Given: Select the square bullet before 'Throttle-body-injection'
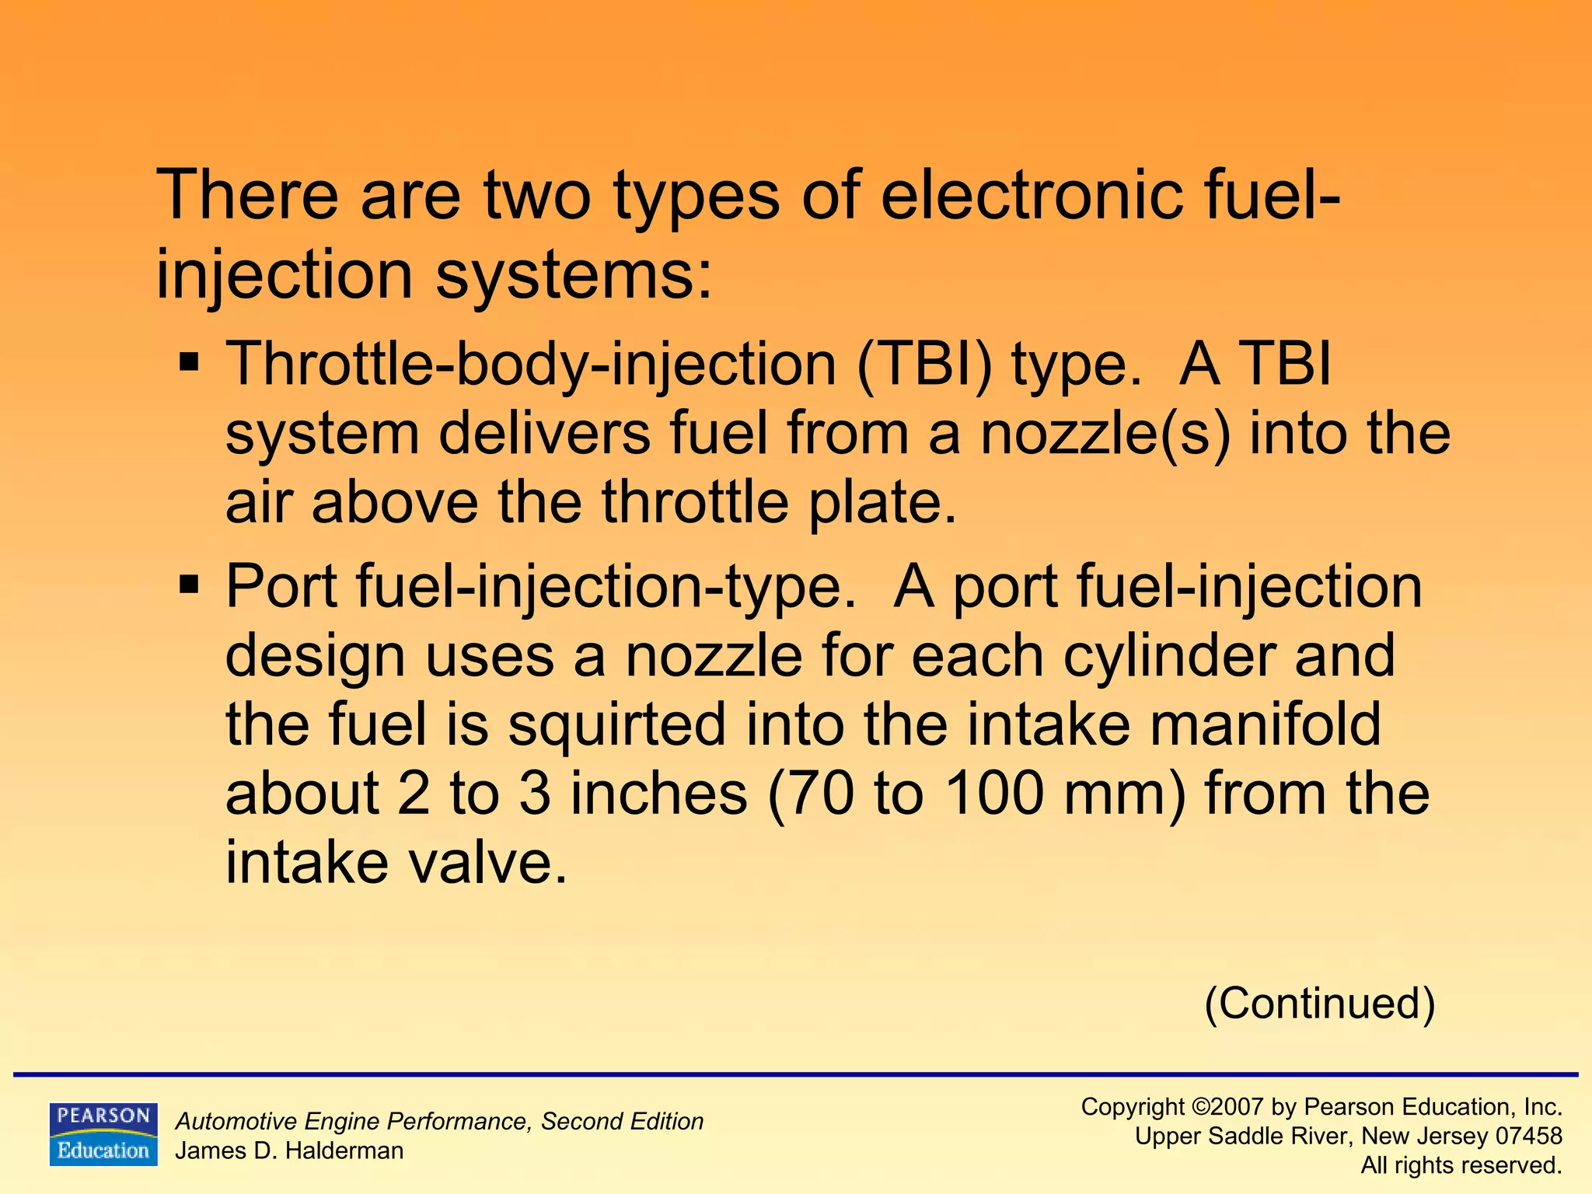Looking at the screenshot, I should [x=189, y=362].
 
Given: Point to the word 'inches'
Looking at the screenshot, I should [x=658, y=794].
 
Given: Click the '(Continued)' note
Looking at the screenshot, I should [x=1319, y=1004].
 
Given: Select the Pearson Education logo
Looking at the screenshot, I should [x=103, y=1134].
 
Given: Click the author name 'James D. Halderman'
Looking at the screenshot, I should [x=289, y=1151].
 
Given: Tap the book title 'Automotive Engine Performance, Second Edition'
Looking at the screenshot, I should [x=439, y=1122].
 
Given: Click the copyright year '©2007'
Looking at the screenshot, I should [x=1227, y=1107].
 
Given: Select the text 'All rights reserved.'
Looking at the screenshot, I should [x=1461, y=1165].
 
